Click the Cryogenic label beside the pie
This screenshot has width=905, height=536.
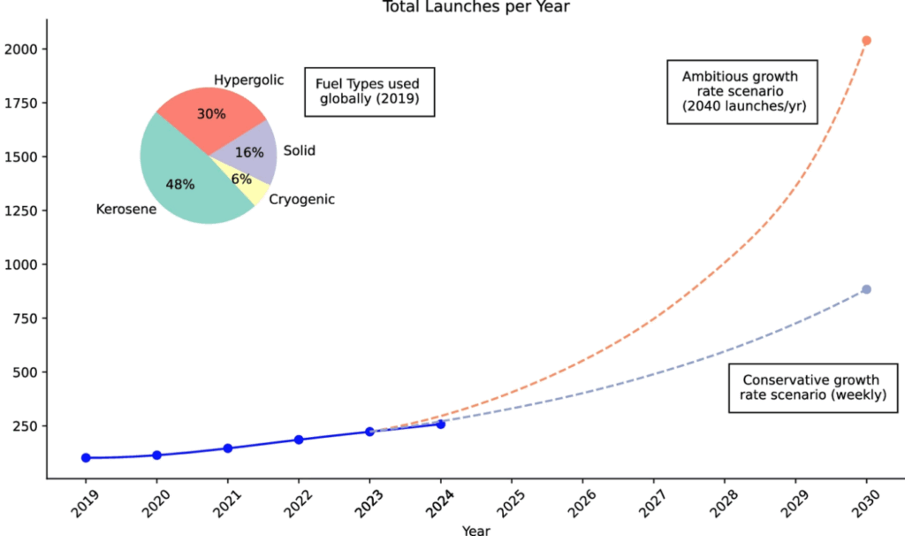point(301,200)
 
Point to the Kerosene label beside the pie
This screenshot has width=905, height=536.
point(125,210)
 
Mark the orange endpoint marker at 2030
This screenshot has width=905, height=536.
point(866,41)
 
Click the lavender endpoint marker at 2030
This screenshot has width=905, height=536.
point(866,289)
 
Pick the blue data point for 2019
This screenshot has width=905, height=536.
point(86,457)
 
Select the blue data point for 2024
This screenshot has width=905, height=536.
point(441,424)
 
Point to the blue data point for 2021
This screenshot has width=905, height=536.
point(228,448)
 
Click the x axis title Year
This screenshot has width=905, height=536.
point(475,530)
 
